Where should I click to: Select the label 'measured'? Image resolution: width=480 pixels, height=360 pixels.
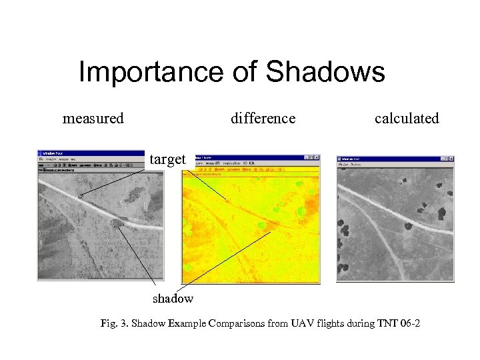pos(93,119)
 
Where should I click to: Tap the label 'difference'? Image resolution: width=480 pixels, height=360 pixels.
pos(263,119)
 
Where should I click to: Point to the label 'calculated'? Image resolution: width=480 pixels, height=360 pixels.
pos(407,119)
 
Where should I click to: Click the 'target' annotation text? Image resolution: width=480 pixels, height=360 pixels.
pos(167,159)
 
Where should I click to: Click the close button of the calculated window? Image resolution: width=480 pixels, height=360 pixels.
pos(451,158)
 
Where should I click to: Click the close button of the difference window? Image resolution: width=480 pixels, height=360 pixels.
pos(317,158)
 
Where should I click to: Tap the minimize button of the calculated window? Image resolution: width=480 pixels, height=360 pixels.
pos(440,158)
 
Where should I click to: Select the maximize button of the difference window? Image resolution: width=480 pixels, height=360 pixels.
pos(311,158)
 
